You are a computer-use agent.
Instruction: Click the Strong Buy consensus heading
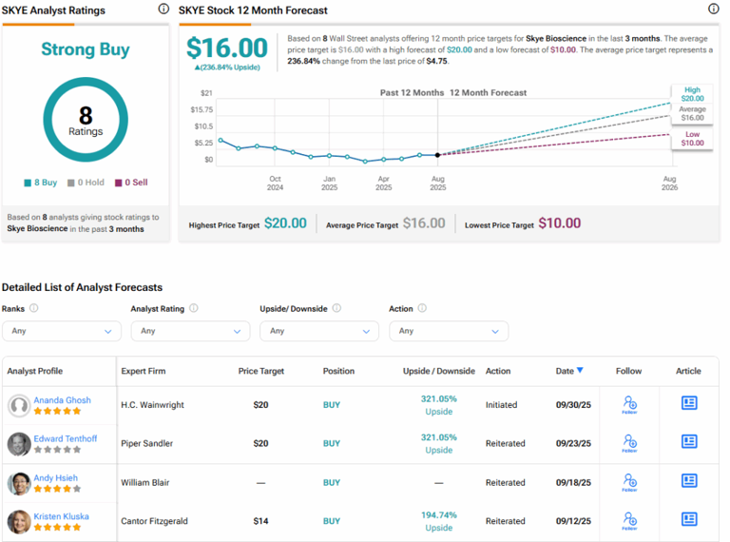(86, 49)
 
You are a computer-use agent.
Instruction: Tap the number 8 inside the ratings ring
(86, 115)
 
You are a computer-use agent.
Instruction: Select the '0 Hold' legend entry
(86, 183)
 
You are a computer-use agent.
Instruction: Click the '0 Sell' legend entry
(131, 183)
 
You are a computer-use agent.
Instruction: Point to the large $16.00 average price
(226, 48)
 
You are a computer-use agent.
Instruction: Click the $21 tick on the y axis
(206, 93)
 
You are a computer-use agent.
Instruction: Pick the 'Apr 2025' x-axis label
(383, 183)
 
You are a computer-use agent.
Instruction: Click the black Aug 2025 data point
(437, 154)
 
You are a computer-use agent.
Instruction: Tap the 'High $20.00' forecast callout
(692, 93)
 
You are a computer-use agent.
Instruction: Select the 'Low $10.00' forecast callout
(692, 138)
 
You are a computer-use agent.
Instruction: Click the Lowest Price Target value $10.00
(559, 223)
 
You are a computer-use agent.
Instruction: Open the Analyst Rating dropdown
(190, 331)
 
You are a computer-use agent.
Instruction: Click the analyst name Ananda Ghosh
(63, 400)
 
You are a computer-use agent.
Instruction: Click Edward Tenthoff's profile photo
(19, 444)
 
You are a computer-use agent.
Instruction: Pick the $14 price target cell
(260, 521)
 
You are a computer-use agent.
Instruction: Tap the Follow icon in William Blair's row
(629, 482)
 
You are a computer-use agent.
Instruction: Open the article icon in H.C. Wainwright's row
(689, 403)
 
